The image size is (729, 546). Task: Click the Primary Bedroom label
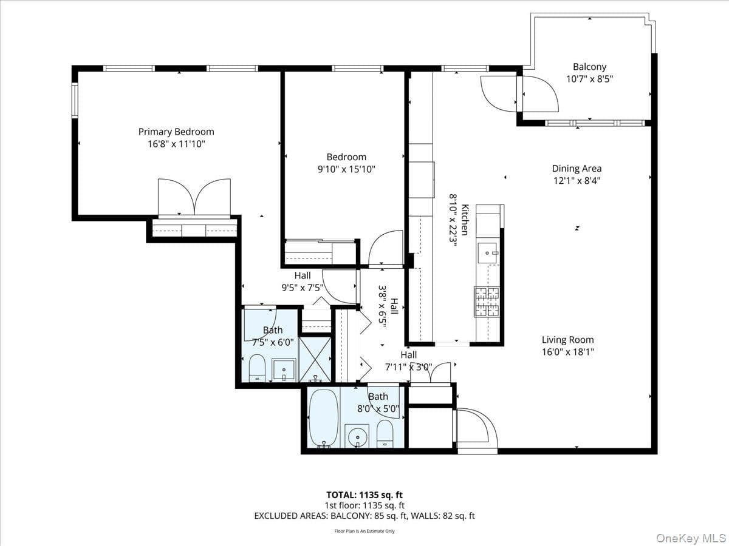pyautogui.click(x=176, y=132)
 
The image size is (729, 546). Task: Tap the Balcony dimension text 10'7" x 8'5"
pyautogui.click(x=589, y=79)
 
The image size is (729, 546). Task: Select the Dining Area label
pyautogui.click(x=577, y=169)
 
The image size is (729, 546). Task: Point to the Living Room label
pyautogui.click(x=567, y=340)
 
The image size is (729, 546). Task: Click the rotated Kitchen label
pyautogui.click(x=465, y=220)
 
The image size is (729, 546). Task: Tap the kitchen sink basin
pyautogui.click(x=487, y=253)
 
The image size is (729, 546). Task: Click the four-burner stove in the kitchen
pyautogui.click(x=487, y=302)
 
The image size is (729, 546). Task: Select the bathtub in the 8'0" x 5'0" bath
pyautogui.click(x=324, y=419)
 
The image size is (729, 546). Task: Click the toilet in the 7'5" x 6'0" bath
pyautogui.click(x=257, y=368)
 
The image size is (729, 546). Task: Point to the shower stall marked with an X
pyautogui.click(x=315, y=360)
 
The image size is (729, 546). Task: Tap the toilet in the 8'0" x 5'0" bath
pyautogui.click(x=385, y=433)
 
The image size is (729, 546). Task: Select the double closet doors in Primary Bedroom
pyautogui.click(x=194, y=198)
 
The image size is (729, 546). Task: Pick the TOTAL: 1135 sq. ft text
pyautogui.click(x=364, y=495)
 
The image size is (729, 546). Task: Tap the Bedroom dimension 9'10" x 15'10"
pyautogui.click(x=346, y=169)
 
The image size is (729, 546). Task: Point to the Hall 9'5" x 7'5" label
pyautogui.click(x=303, y=281)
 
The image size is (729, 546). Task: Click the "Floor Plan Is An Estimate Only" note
pyautogui.click(x=364, y=531)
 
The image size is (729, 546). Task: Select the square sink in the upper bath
pyautogui.click(x=284, y=369)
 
